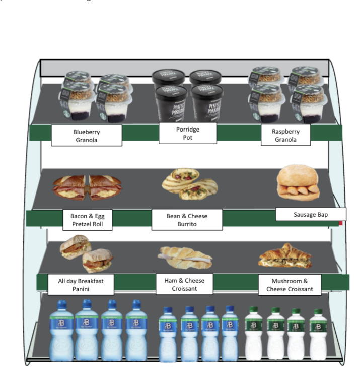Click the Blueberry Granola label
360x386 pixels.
[x=87, y=135]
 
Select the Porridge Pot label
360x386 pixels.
[x=187, y=133]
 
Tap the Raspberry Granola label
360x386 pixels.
[x=285, y=135]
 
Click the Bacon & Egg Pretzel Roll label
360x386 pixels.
[x=87, y=220]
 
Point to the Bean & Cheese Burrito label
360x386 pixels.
[x=187, y=219]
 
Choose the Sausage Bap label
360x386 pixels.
[x=310, y=214]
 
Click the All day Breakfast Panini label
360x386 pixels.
[x=81, y=284]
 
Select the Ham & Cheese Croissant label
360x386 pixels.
[x=184, y=284]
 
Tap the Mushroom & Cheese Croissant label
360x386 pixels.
[x=290, y=285]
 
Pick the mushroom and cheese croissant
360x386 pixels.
[x=285, y=256]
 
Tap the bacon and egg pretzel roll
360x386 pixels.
[x=87, y=187]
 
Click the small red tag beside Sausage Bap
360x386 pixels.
[x=341, y=222]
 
